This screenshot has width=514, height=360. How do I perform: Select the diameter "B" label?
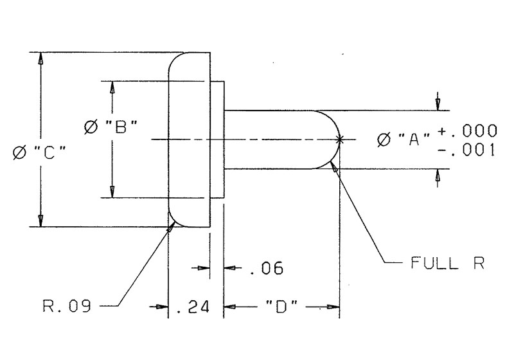[x=113, y=127]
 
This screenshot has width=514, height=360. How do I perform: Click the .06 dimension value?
[x=265, y=268]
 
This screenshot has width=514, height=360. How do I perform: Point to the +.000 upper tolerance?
[x=467, y=130]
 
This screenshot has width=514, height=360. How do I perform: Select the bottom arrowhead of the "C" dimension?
[x=41, y=221]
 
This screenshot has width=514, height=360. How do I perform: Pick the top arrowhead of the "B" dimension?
[x=112, y=87]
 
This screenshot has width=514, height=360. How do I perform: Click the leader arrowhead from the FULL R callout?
[x=333, y=168]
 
